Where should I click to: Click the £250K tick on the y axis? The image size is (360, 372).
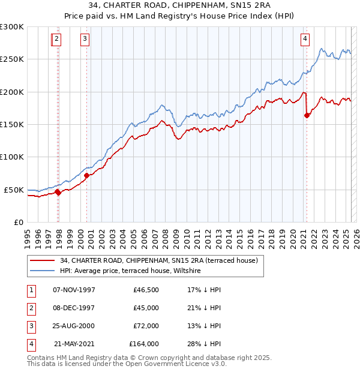click(x=12, y=59)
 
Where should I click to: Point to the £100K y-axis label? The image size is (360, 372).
click(x=12, y=157)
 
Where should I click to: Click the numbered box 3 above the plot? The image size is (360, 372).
click(x=85, y=40)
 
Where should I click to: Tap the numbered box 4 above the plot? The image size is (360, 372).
click(x=305, y=40)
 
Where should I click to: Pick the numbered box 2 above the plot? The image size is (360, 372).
click(x=56, y=40)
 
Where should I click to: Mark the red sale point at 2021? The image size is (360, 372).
click(x=307, y=116)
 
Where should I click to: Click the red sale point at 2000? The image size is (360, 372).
click(x=87, y=175)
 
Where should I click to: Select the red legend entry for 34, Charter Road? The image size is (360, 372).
click(x=158, y=260)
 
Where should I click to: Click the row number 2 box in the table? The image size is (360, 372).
click(x=29, y=308)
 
